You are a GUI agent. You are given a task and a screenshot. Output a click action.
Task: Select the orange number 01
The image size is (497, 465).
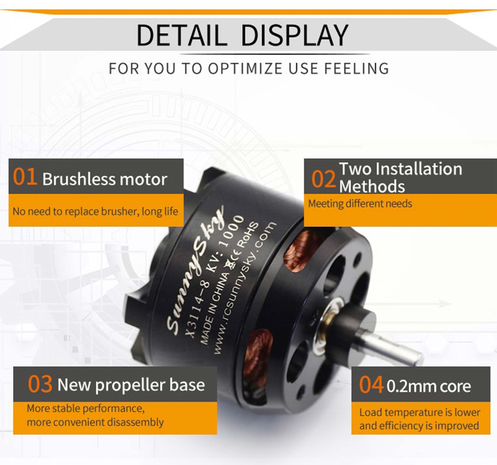pyautogui.click(x=25, y=177)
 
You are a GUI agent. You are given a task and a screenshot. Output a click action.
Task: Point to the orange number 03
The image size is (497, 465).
pyautogui.click(x=40, y=384)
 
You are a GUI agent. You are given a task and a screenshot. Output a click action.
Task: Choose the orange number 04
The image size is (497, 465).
pyautogui.click(x=371, y=384)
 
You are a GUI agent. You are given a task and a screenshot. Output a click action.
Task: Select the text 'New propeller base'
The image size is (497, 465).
pyautogui.click(x=131, y=385)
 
